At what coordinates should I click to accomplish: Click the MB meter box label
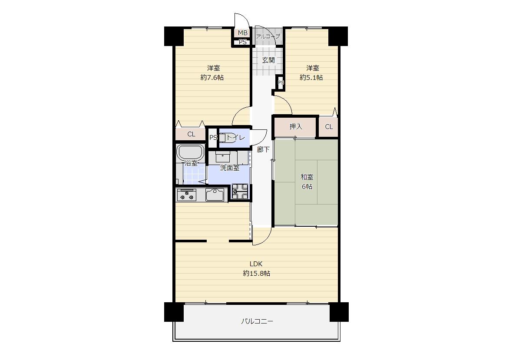coord(242,33)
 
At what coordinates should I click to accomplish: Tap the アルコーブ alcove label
coord(268,36)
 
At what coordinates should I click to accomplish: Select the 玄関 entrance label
coord(268,60)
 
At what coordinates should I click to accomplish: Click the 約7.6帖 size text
coord(212,78)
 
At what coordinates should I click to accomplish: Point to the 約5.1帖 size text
coord(311,78)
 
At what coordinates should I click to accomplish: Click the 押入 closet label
coord(296,127)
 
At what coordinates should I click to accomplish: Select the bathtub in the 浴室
coord(190,152)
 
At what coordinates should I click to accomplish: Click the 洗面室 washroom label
coord(230,168)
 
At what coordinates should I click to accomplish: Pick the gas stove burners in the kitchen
coord(186,195)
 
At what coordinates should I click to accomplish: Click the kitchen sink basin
coord(215,195)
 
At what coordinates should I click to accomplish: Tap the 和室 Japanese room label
coord(307,177)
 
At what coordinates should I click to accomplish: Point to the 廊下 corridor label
coord(263,150)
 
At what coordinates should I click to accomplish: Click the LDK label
coord(256,264)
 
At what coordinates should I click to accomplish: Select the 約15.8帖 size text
coord(256,274)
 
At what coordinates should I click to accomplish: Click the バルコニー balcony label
coord(257,321)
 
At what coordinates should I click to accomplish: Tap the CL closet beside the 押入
coord(329,127)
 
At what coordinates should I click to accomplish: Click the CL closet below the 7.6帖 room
coord(191,134)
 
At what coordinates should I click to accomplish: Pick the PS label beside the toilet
coord(213,138)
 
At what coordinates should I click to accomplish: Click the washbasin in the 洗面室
coord(223,158)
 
